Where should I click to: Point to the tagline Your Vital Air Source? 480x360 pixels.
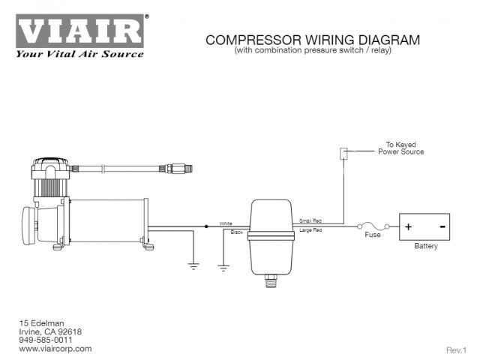pyautogui.click(x=79, y=54)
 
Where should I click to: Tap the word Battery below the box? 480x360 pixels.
pyautogui.click(x=426, y=246)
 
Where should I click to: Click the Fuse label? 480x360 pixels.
pyautogui.click(x=373, y=235)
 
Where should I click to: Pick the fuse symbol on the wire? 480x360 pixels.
pyautogui.click(x=373, y=225)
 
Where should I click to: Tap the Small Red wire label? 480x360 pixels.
pyautogui.click(x=310, y=221)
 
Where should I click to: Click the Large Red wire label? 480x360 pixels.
pyautogui.click(x=310, y=230)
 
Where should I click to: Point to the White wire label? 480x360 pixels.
pyautogui.click(x=226, y=223)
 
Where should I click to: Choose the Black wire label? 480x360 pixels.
pyautogui.click(x=237, y=232)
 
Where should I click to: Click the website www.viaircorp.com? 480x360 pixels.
pyautogui.click(x=55, y=349)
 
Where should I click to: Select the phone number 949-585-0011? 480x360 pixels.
pyautogui.click(x=46, y=340)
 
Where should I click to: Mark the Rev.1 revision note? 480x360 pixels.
pyautogui.click(x=456, y=349)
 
